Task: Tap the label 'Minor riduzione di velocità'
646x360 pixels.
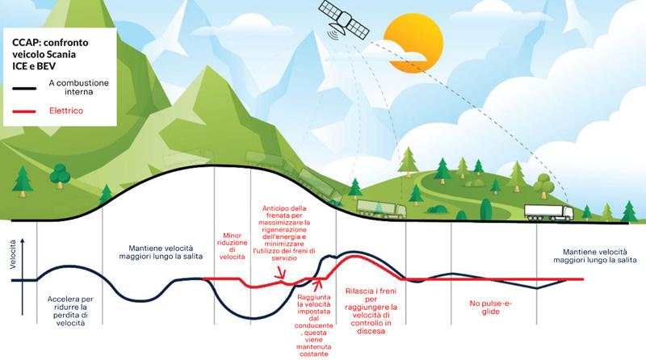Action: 233,245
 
